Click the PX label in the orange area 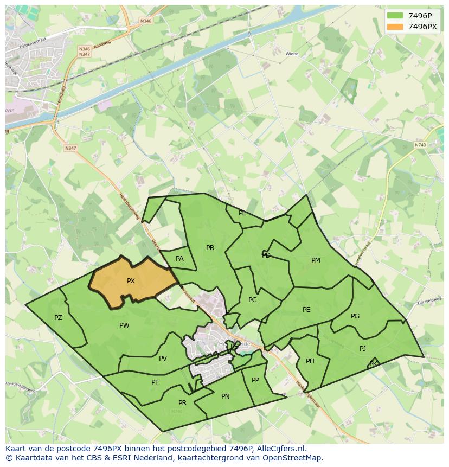pos(131,281)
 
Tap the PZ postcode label pos(58,318)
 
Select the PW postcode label pos(124,325)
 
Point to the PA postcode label pos(179,259)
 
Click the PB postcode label pos(210,248)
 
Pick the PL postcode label pos(242,213)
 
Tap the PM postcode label pos(316,260)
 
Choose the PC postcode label pos(252,300)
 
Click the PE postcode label pos(306,310)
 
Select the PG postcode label pos(355,316)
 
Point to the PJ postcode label pos(363,349)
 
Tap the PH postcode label pos(310,361)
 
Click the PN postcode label pos(226,396)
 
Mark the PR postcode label pos(182,403)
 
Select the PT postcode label pos(155,382)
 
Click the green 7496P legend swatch pos(395,16)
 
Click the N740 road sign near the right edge pos(420,145)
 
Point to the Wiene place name pos(292,54)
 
